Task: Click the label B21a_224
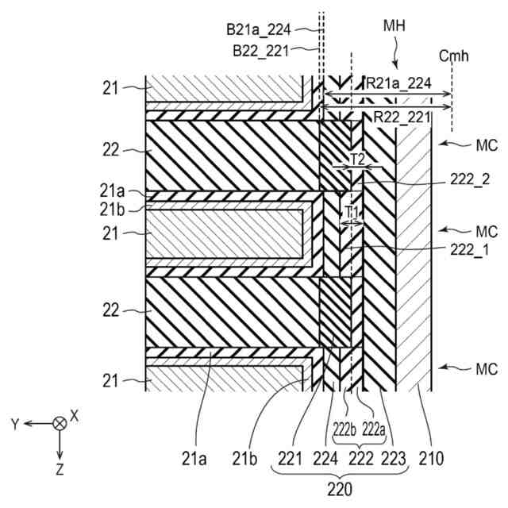pyautogui.click(x=259, y=30)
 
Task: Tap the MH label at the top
pyautogui.click(x=394, y=25)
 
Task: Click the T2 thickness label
pyautogui.click(x=358, y=159)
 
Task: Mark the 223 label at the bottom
pyautogui.click(x=394, y=457)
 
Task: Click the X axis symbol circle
pyautogui.click(x=59, y=424)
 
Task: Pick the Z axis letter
pyautogui.click(x=59, y=470)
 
